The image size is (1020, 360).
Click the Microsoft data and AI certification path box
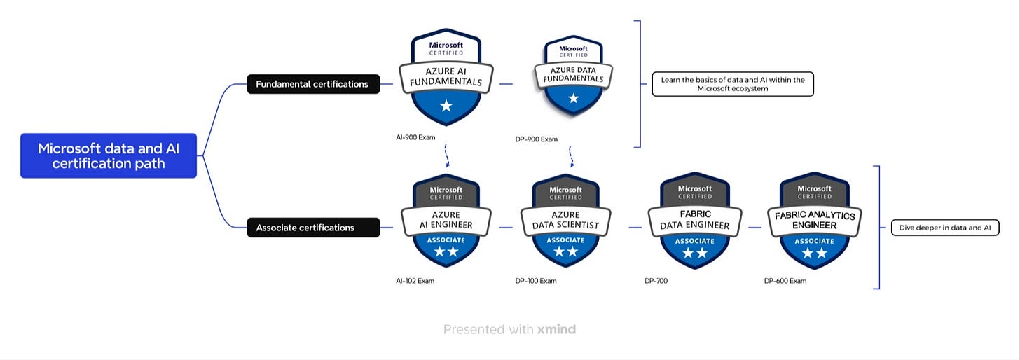point(109,155)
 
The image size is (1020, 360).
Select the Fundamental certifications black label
point(312,84)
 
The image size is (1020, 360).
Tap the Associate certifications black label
point(312,228)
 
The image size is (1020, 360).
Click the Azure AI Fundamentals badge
point(446,77)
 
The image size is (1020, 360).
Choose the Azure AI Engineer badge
point(446,221)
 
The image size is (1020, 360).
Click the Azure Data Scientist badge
point(565,221)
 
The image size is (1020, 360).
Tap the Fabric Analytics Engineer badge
point(814,221)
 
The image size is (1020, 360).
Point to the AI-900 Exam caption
point(415,137)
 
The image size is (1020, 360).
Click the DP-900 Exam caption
point(536,139)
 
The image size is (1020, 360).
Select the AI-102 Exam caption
point(415,281)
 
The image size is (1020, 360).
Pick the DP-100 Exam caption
point(536,281)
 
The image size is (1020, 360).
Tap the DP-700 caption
point(656,281)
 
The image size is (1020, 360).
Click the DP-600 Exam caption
point(785,281)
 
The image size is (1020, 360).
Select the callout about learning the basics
point(733,84)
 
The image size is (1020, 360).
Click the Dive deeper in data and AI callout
point(944,228)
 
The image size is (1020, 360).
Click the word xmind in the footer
point(557,329)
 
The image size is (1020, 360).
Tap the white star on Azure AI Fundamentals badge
point(446,106)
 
